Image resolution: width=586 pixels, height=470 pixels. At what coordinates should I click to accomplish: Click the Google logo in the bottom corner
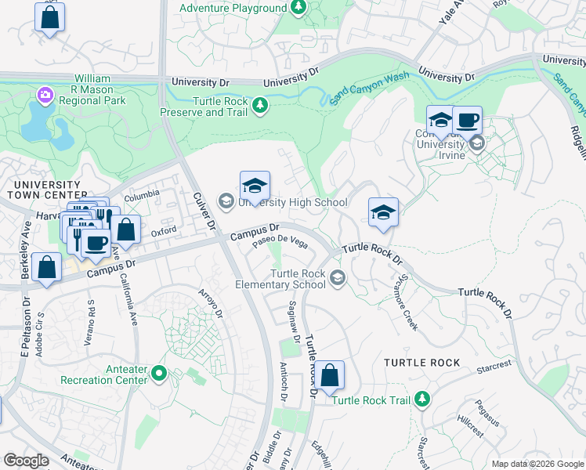(x=26, y=461)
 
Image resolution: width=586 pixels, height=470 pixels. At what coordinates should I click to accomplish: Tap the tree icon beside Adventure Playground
(x=298, y=8)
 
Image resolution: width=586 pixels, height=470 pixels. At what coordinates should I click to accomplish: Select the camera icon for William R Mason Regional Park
(x=45, y=96)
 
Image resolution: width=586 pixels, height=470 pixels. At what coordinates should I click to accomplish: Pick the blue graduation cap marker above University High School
(x=255, y=186)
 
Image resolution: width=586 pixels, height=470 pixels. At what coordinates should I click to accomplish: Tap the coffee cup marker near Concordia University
(x=467, y=121)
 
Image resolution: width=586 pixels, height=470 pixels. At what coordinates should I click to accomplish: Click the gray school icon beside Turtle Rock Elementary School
(x=338, y=277)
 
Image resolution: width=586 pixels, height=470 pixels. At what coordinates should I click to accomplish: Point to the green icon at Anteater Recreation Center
(x=159, y=373)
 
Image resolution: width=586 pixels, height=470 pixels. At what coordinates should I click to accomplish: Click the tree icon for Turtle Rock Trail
(x=422, y=399)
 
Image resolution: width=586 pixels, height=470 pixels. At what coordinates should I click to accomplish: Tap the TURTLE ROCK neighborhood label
(x=422, y=363)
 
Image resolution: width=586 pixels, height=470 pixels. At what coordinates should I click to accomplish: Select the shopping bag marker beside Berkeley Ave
(x=47, y=266)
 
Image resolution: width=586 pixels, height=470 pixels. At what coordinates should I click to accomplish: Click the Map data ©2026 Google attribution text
(x=536, y=463)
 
